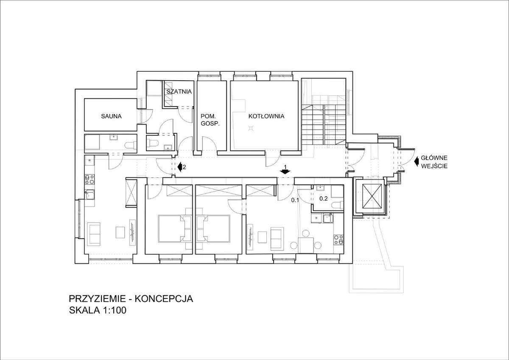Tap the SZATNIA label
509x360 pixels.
pos(179,92)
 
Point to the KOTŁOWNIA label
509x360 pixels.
pos(266,115)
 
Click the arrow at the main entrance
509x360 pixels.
pos(417,161)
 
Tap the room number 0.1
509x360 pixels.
pos(296,198)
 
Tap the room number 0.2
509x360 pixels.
pos(324,198)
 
